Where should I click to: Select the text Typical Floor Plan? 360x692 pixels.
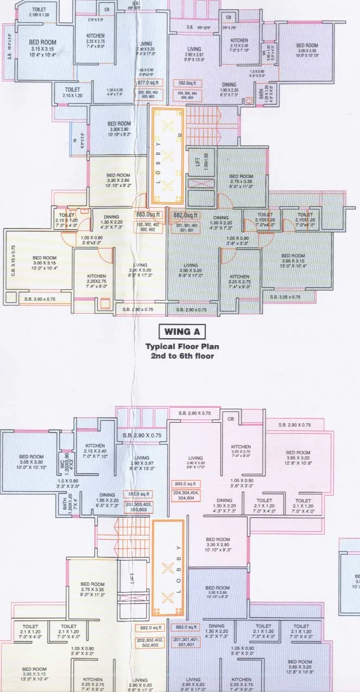179,346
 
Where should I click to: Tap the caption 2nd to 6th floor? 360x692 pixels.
179,356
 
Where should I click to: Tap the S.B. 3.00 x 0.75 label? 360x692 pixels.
40,298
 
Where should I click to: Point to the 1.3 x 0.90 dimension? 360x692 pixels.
256,74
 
